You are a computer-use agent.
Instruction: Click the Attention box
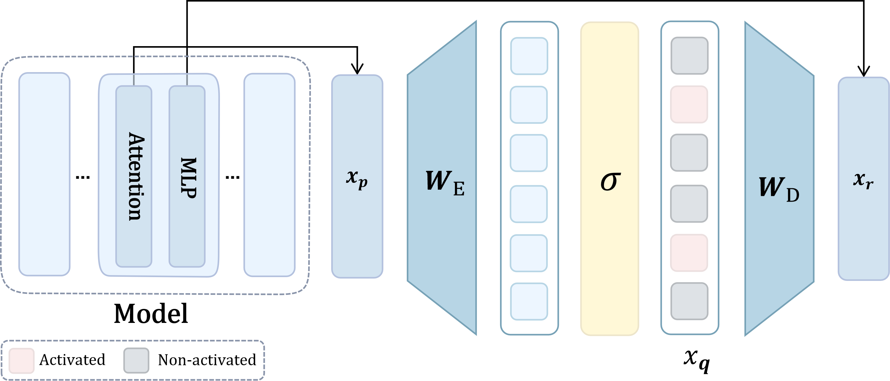click(x=134, y=176)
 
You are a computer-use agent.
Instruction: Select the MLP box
click(x=187, y=176)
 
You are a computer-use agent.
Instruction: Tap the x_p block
click(x=357, y=176)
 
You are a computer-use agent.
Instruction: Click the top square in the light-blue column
click(x=529, y=56)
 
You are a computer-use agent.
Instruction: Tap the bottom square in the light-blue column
click(x=529, y=301)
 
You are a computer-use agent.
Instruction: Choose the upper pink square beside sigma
click(x=689, y=105)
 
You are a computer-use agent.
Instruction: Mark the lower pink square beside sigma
click(x=689, y=253)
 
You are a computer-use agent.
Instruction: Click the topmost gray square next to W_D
click(x=689, y=56)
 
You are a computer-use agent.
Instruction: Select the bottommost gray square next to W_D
click(x=689, y=301)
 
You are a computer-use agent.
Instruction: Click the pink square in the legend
click(x=22, y=360)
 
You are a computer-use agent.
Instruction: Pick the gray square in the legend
click(x=136, y=360)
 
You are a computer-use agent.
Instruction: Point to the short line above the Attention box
click(x=134, y=79)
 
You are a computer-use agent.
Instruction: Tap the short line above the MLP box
click(x=187, y=79)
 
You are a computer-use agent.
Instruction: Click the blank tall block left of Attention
click(x=44, y=174)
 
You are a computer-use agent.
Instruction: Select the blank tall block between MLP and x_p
click(x=269, y=175)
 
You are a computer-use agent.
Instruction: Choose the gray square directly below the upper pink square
click(x=689, y=152)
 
